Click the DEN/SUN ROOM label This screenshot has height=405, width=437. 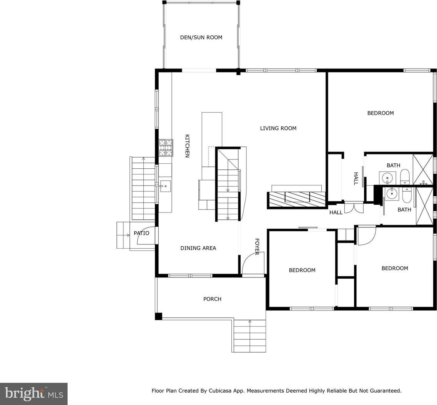(x=201, y=37)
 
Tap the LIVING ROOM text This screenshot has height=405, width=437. (x=278, y=128)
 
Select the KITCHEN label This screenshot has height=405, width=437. (x=187, y=146)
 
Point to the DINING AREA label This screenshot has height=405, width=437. (x=198, y=248)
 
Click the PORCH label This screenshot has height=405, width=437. (x=213, y=299)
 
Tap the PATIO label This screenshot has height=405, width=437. (x=141, y=233)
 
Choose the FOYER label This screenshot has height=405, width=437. (x=257, y=247)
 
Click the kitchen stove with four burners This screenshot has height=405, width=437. (x=166, y=148)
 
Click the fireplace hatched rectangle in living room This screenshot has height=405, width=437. (x=297, y=200)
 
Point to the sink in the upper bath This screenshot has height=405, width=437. (x=387, y=177)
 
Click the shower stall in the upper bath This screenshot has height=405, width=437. (x=422, y=169)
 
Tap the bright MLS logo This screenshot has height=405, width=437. (x=34, y=394)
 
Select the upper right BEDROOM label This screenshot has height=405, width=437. (x=381, y=113)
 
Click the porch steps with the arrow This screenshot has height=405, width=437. (x=249, y=336)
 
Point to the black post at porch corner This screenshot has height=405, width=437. (x=158, y=316)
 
